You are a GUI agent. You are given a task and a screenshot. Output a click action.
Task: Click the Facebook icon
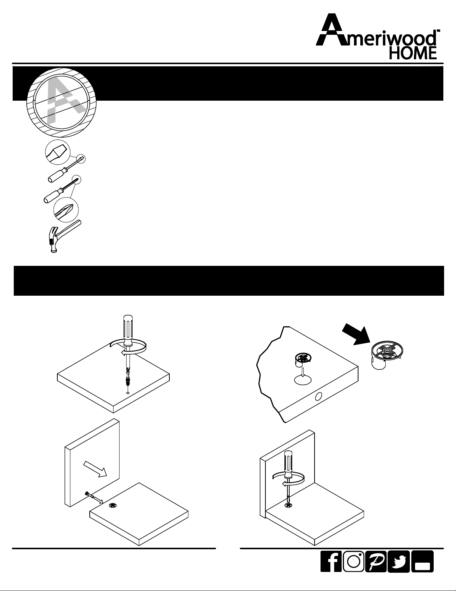(x=331, y=561)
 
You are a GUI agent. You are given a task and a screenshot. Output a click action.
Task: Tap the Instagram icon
(x=353, y=561)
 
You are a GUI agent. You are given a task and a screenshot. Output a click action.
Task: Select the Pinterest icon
(x=376, y=561)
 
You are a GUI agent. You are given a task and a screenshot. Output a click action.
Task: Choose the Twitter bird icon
(x=398, y=561)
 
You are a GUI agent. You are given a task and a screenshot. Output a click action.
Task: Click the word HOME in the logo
(x=413, y=53)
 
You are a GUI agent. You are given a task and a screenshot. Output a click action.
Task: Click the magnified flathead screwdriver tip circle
(x=58, y=152)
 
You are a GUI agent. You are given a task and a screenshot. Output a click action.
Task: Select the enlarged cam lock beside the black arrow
(x=387, y=355)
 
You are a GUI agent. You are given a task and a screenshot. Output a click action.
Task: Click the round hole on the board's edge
(x=319, y=397)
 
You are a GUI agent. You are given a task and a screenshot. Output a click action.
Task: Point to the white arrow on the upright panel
(x=95, y=469)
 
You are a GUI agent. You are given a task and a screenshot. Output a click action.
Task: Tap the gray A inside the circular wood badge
(x=65, y=101)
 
